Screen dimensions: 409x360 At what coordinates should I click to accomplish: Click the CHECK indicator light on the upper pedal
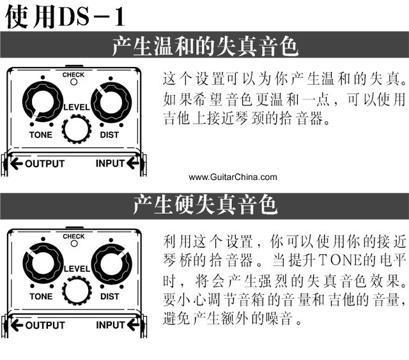point(74,82)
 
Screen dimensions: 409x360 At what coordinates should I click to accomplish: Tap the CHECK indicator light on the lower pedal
point(74,244)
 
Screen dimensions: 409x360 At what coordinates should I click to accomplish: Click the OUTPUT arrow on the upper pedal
point(17,163)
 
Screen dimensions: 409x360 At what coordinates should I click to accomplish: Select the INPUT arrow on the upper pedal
point(132,163)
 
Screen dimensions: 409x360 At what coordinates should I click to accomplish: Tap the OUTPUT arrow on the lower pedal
point(17,326)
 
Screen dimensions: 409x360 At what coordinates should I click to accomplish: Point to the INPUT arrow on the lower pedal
point(133,325)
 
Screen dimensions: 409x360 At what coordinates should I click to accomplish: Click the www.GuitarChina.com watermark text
point(233,177)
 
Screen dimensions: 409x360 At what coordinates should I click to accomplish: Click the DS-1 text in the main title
point(92,17)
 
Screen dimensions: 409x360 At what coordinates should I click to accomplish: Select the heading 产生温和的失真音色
point(205,46)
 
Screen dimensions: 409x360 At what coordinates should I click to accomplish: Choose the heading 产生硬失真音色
point(205,205)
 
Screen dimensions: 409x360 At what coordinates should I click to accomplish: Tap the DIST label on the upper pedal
point(109,135)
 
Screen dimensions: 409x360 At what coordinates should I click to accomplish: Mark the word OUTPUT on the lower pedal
point(45,326)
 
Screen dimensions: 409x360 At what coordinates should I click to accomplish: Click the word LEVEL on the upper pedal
point(77,107)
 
